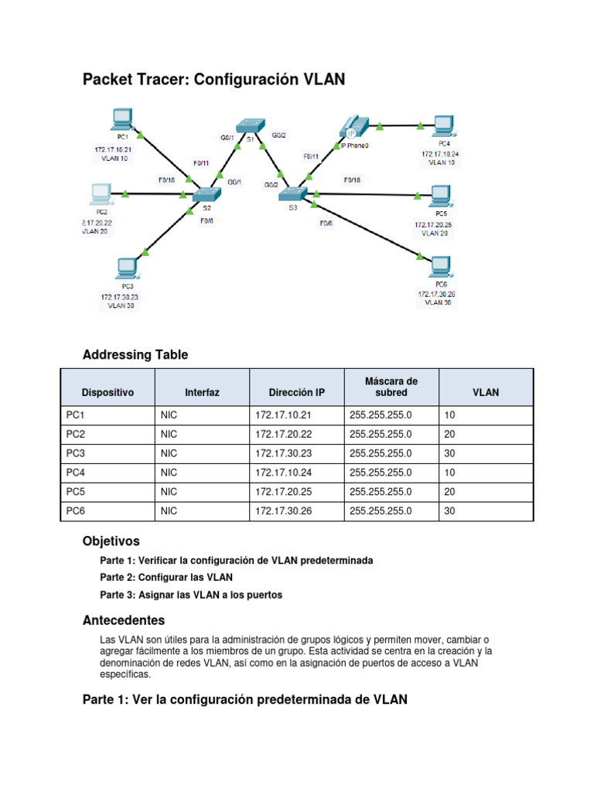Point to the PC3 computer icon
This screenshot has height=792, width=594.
point(125,268)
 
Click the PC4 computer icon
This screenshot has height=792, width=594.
point(442,125)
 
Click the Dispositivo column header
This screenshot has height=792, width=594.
point(108,392)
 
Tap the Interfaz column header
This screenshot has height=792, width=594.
point(202,392)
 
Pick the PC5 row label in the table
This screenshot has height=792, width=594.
point(76,491)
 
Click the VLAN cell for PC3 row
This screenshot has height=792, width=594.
point(450,453)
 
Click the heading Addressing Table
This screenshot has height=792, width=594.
point(135,355)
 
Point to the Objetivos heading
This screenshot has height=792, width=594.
point(111,541)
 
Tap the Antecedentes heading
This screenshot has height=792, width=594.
point(123,620)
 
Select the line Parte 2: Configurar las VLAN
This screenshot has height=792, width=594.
point(166,577)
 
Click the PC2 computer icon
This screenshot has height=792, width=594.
point(100,193)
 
